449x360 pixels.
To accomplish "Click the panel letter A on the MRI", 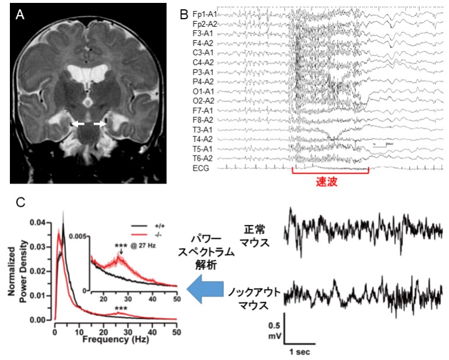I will pos(20,16).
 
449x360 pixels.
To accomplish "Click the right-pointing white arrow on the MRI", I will pos(100,124).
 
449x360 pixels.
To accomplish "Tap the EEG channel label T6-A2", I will pos(205,158).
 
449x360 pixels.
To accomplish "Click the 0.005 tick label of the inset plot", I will pos(79,237).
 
